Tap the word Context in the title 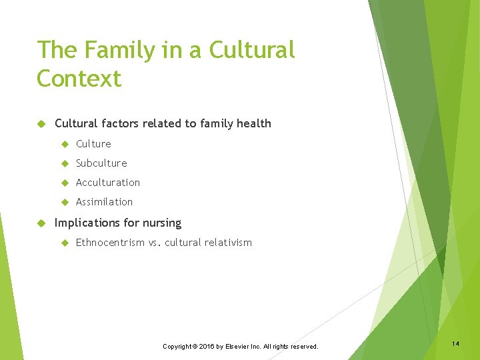(x=79, y=79)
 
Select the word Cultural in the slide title (x=252, y=50)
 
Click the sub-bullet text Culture (x=93, y=144)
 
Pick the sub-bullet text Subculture (x=101, y=163)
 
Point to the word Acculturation (x=108, y=183)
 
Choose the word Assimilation (x=104, y=202)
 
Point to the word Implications (x=87, y=223)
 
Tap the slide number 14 (x=455, y=343)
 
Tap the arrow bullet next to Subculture (x=65, y=163)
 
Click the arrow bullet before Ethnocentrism (x=65, y=243)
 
